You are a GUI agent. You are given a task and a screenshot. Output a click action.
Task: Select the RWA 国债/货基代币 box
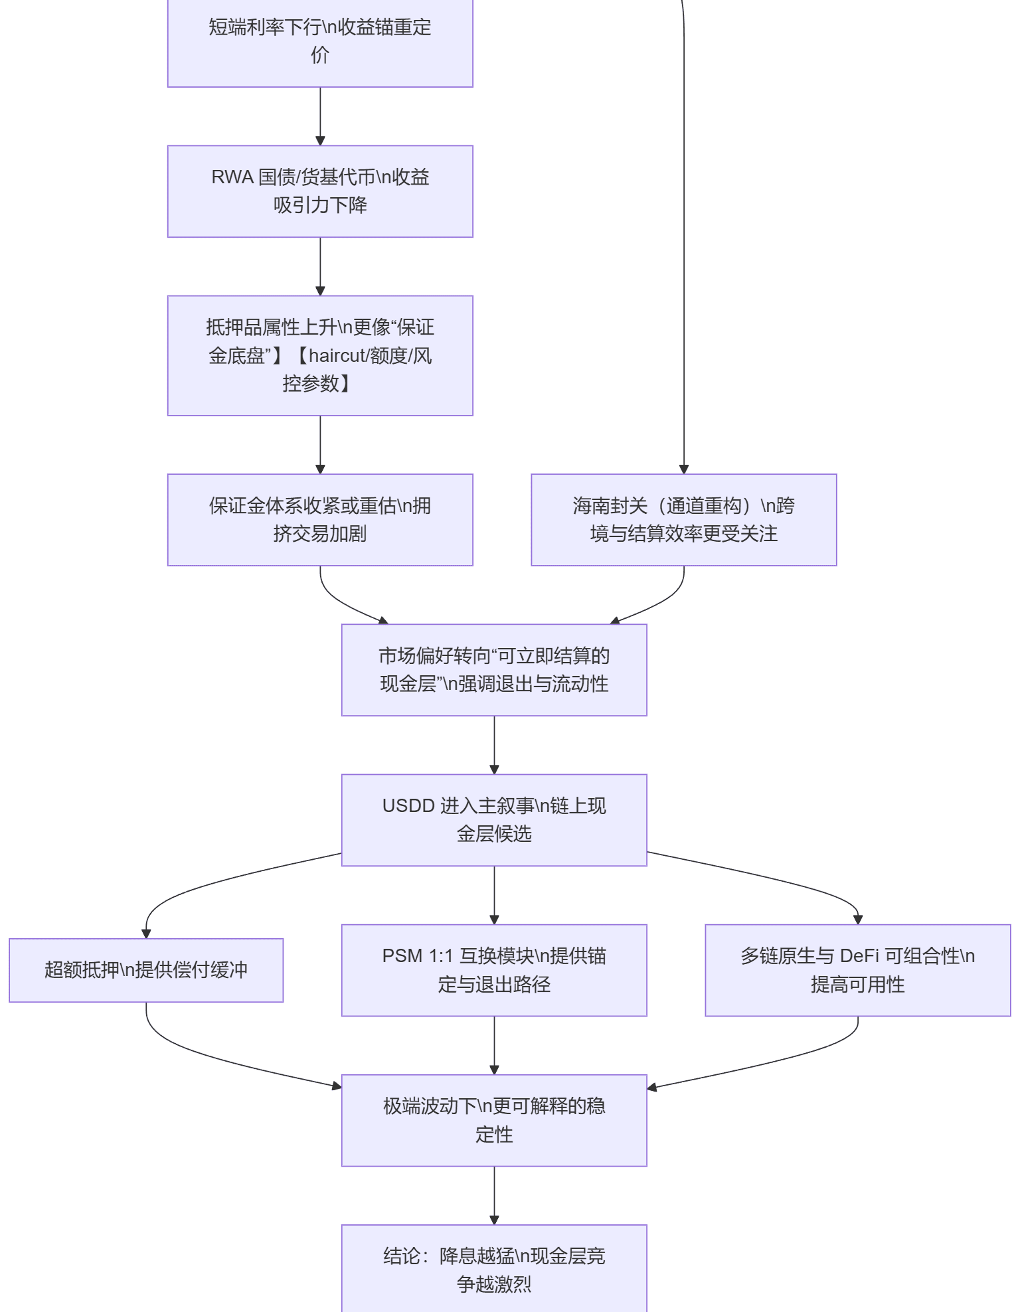click(320, 191)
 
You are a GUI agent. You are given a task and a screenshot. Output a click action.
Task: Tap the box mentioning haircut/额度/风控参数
click(320, 356)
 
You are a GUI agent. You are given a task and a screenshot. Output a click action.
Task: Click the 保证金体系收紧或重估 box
click(320, 520)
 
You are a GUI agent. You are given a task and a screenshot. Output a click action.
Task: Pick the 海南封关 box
click(684, 520)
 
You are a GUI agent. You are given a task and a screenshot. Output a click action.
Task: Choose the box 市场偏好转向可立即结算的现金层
click(494, 670)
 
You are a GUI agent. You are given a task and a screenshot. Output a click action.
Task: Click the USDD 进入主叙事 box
click(494, 820)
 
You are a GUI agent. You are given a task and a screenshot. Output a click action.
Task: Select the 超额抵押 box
click(146, 970)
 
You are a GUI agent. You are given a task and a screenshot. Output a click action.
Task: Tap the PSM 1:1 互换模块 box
click(494, 970)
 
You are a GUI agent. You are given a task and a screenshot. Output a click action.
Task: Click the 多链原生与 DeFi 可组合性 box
click(858, 970)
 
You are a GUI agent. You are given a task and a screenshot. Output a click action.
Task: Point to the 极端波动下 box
click(494, 1120)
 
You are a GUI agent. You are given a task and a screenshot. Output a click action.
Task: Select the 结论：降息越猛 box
click(494, 1268)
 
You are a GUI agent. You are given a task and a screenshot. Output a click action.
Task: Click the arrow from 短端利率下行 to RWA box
click(320, 117)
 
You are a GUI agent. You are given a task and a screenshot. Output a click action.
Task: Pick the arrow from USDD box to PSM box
click(494, 895)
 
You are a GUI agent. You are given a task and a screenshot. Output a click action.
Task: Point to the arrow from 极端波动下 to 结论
click(494, 1195)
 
